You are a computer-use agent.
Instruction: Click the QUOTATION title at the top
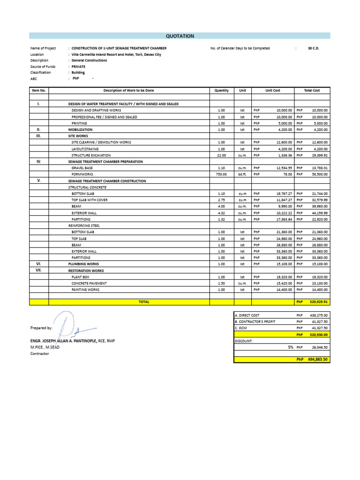point(180,36)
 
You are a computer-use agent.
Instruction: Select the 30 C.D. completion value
point(313,48)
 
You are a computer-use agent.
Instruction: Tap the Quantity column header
point(222,90)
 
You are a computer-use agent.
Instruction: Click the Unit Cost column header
point(273,90)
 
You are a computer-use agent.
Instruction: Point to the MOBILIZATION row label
point(81,129)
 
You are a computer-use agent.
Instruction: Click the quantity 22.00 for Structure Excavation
point(222,155)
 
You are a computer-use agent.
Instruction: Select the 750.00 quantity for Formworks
point(221,174)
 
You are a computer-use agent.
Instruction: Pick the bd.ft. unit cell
point(242,174)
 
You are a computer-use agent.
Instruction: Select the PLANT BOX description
point(80,277)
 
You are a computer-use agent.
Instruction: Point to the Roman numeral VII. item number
point(39,270)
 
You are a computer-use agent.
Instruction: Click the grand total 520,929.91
point(319,302)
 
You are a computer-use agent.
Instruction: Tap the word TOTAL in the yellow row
point(144,302)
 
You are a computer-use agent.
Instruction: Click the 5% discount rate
point(291,347)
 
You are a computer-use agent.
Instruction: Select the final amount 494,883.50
point(318,360)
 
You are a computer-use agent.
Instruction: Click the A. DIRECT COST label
point(247,315)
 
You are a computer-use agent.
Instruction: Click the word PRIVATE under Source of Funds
point(79,67)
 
